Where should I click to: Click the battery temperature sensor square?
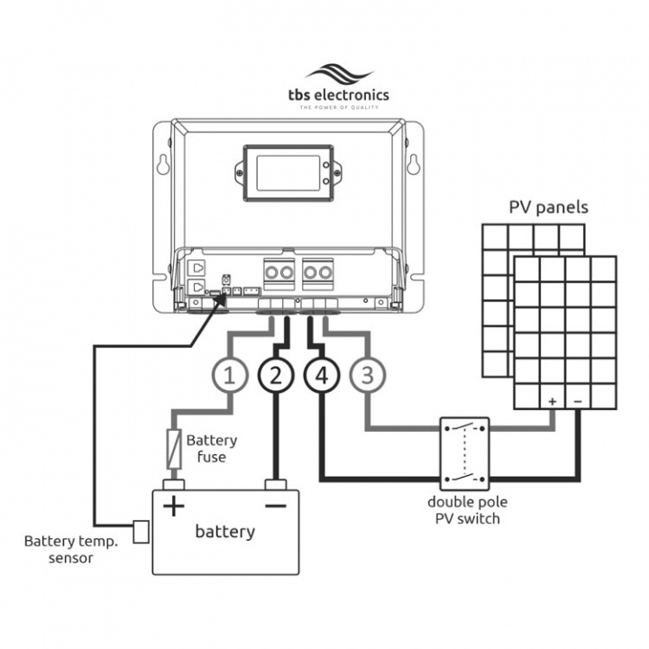point(142,531)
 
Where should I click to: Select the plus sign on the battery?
point(172,506)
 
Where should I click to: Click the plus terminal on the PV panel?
point(552,399)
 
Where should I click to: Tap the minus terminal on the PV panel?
point(578,399)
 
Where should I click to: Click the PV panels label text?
point(548,207)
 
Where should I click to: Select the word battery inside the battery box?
point(224,532)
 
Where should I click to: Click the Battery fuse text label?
point(212,449)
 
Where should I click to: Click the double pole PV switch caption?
point(463,510)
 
